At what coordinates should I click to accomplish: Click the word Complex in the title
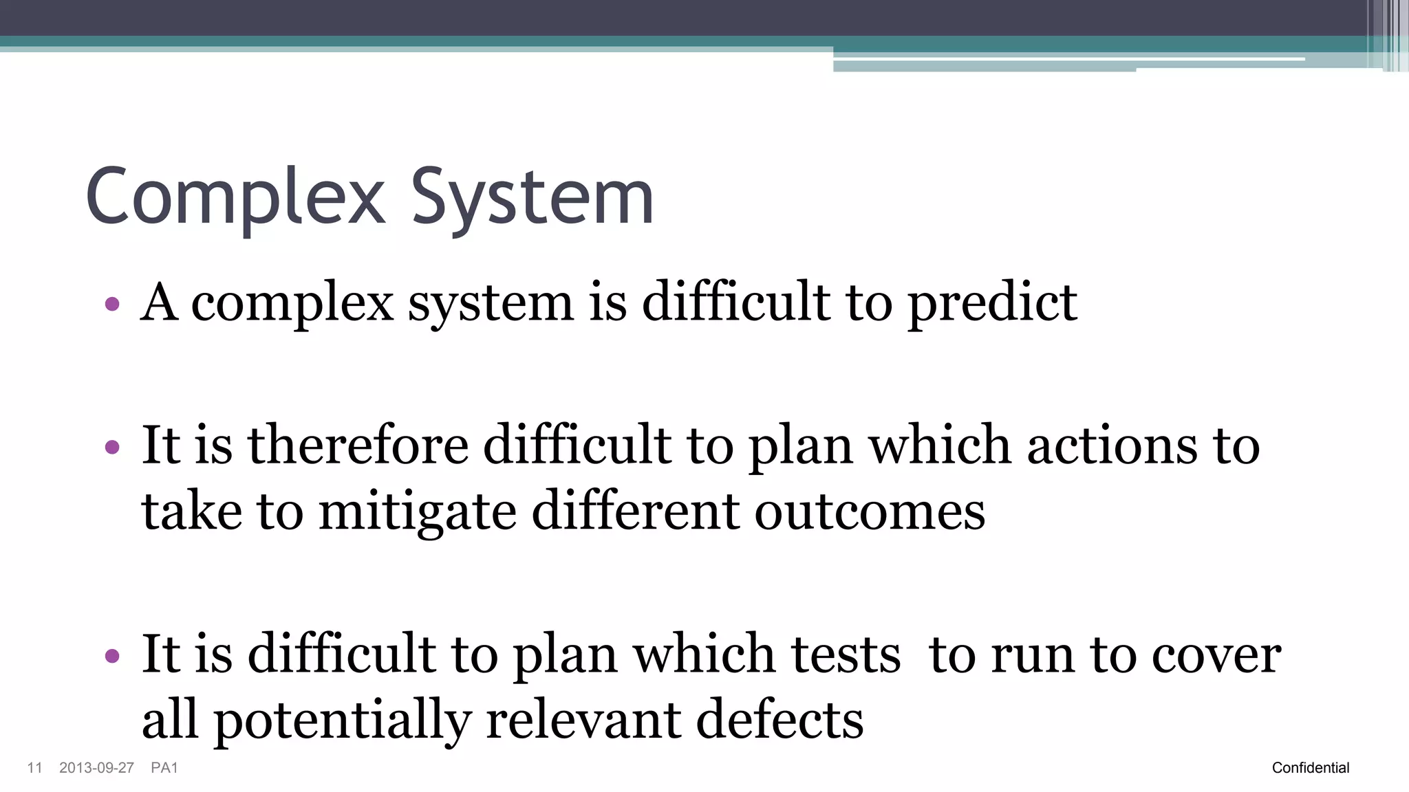[x=235, y=197]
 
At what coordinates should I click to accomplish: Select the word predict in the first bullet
[x=992, y=302]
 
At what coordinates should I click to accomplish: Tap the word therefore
[x=358, y=445]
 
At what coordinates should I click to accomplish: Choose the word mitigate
[x=418, y=512]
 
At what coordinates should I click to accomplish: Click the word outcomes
[x=870, y=512]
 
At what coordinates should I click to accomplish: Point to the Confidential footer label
[x=1310, y=768]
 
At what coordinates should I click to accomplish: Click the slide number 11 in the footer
[x=34, y=768]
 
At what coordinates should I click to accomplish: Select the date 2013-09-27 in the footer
[x=96, y=768]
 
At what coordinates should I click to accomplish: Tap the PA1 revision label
[x=164, y=768]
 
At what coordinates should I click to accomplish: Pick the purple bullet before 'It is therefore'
[x=112, y=448]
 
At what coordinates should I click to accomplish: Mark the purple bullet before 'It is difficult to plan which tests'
[x=112, y=656]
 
